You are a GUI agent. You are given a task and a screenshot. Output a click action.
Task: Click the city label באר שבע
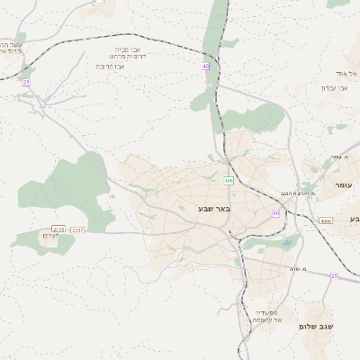pos(214,209)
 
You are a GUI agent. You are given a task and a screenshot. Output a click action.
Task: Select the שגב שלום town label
pos(315,327)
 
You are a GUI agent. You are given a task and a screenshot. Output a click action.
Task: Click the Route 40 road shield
pos(206,66)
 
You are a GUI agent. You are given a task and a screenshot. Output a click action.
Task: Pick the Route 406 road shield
pos(229,181)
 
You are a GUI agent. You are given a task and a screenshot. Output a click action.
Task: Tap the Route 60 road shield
pos(276,213)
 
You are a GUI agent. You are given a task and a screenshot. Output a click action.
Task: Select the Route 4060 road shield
pos(325,220)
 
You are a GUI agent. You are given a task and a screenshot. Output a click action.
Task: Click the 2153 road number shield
pos(58,229)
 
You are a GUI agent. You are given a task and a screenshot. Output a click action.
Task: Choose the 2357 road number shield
pos(77,229)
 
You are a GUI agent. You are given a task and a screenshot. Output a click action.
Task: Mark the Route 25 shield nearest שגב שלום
pos(334,276)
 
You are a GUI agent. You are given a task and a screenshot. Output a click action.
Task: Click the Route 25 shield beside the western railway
pos(26,83)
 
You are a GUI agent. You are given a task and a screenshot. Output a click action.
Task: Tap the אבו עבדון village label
pos(334,87)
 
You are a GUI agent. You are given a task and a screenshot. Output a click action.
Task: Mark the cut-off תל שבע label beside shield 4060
pos(354,219)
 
